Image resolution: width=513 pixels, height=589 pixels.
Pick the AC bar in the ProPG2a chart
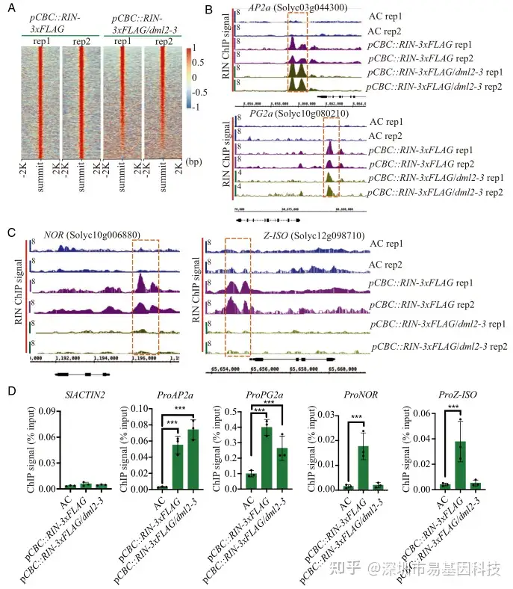tap(252, 481)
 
